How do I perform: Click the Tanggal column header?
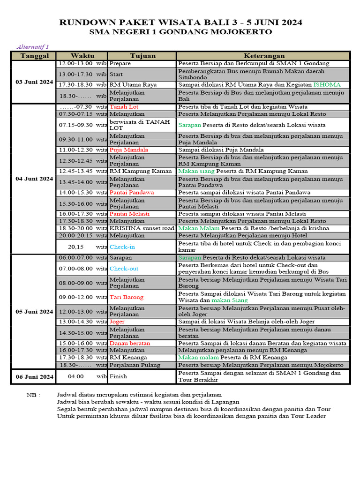pos(34,56)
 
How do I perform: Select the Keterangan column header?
pos(264,56)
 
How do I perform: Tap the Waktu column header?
pos(82,56)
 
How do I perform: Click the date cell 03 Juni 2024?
pos(34,82)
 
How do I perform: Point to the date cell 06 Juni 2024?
pos(34,376)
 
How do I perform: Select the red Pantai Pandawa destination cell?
pos(131,193)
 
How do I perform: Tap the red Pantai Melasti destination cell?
pos(129,214)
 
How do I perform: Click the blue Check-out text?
pos(124,269)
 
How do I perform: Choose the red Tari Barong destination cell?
pos(127,297)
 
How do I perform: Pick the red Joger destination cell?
pos(117,322)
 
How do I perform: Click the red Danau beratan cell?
pos(130,343)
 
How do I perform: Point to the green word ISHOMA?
pos(327,85)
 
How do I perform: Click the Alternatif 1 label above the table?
pos(33,47)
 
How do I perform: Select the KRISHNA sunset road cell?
pos(142,228)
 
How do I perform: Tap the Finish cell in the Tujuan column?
pos(118,376)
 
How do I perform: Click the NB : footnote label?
pos(33,395)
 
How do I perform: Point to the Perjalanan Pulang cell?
pos(135,365)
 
